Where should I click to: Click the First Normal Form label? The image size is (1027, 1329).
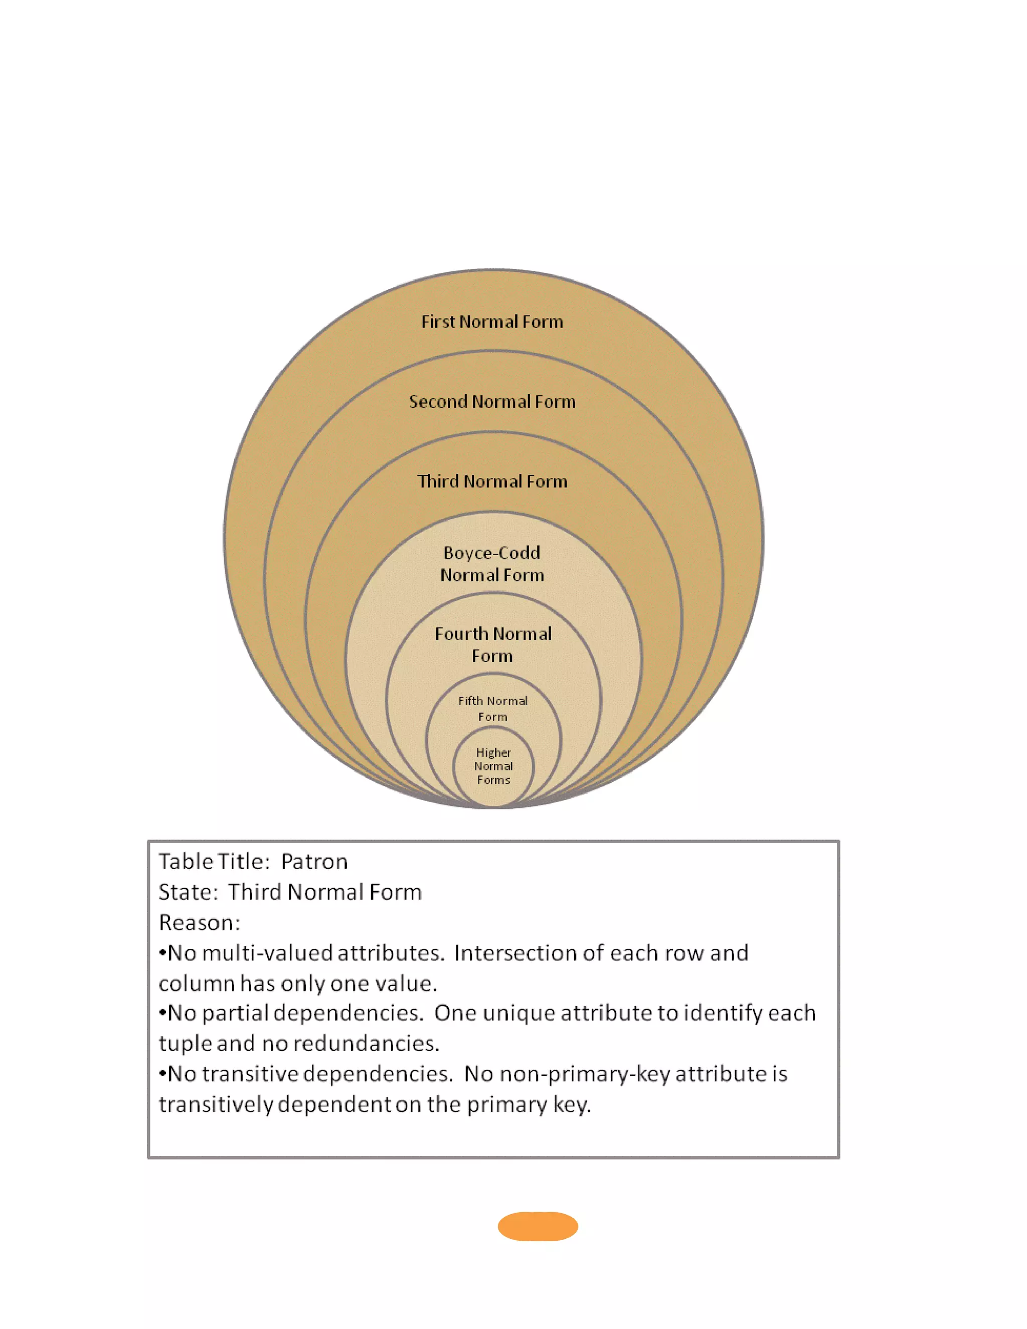(x=492, y=321)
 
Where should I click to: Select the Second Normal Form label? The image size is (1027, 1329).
(x=492, y=402)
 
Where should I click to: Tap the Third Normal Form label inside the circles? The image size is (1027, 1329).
(x=492, y=481)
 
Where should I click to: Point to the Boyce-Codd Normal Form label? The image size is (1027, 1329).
(x=492, y=564)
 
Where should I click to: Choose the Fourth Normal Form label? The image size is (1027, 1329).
(x=493, y=644)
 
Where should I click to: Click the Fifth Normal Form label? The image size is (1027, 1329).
(x=493, y=708)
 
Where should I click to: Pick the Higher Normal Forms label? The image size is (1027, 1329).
(x=493, y=766)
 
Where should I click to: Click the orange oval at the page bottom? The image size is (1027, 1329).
(x=538, y=1226)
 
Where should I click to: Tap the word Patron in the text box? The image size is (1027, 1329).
(x=314, y=862)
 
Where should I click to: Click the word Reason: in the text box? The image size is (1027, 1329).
(x=200, y=922)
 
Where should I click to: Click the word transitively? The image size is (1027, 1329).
(x=216, y=1104)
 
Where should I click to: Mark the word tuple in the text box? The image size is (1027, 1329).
(x=185, y=1044)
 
